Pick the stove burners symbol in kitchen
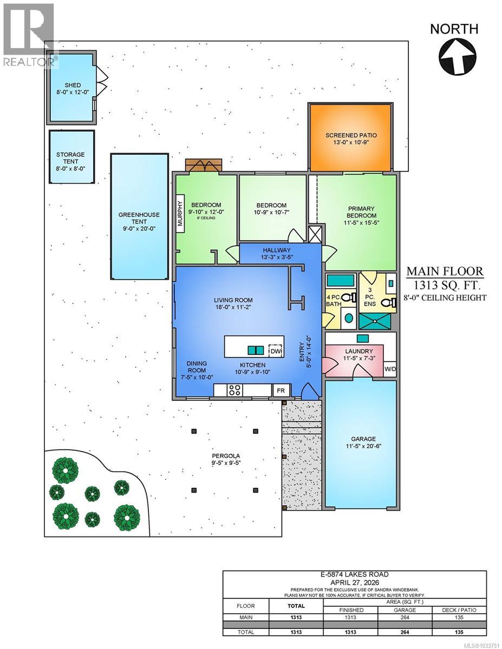pyautogui.click(x=235, y=390)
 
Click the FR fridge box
pyautogui.click(x=281, y=390)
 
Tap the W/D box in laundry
pyautogui.click(x=390, y=369)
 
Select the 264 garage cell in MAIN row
pyautogui.click(x=405, y=617)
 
